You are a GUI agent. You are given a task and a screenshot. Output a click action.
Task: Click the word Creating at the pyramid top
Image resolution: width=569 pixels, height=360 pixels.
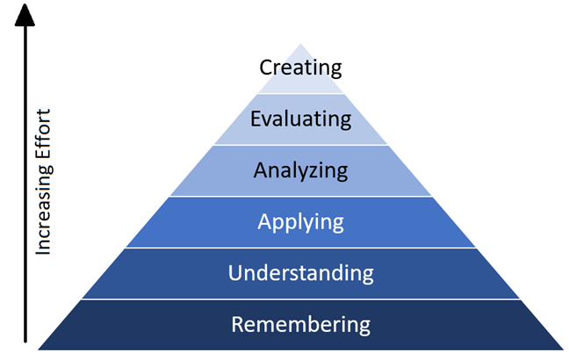300,68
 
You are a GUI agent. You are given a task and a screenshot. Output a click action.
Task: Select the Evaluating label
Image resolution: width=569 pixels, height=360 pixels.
301,119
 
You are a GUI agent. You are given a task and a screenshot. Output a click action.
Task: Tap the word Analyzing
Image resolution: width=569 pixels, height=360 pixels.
300,170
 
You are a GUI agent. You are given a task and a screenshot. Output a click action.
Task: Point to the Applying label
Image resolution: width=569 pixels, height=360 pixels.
300,222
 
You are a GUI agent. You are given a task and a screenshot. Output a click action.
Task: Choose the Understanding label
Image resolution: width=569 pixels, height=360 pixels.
301,273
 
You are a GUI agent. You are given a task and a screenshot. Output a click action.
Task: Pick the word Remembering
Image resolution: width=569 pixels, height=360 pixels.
301,324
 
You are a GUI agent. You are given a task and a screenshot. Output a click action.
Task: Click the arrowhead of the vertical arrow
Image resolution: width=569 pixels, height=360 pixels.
25,15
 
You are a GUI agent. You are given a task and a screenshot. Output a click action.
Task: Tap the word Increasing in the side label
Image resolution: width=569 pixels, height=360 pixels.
44,210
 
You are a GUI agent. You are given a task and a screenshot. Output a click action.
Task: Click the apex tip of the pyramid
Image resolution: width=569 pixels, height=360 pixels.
300,44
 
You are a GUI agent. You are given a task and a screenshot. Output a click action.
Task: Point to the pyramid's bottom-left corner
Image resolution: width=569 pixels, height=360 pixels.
38,349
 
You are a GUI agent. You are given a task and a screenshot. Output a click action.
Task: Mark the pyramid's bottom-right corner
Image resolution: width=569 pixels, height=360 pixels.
564,349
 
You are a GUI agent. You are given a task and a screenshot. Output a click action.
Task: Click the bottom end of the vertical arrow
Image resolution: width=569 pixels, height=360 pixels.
25,342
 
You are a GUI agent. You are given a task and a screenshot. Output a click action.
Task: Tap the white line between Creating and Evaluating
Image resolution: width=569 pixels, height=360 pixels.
300,94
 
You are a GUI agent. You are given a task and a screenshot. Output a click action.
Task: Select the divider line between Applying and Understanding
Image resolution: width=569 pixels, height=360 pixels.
300,248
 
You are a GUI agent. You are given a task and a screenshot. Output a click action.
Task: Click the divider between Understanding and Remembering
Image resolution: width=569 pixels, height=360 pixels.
300,299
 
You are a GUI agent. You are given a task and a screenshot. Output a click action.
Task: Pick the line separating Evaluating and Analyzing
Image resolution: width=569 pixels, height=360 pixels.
300,145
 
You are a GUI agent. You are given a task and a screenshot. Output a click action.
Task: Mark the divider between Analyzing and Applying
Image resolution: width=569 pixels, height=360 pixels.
300,197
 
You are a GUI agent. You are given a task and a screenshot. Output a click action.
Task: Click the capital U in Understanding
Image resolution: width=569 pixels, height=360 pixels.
234,273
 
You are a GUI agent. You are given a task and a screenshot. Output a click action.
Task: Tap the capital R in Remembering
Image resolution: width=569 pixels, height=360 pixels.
238,324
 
